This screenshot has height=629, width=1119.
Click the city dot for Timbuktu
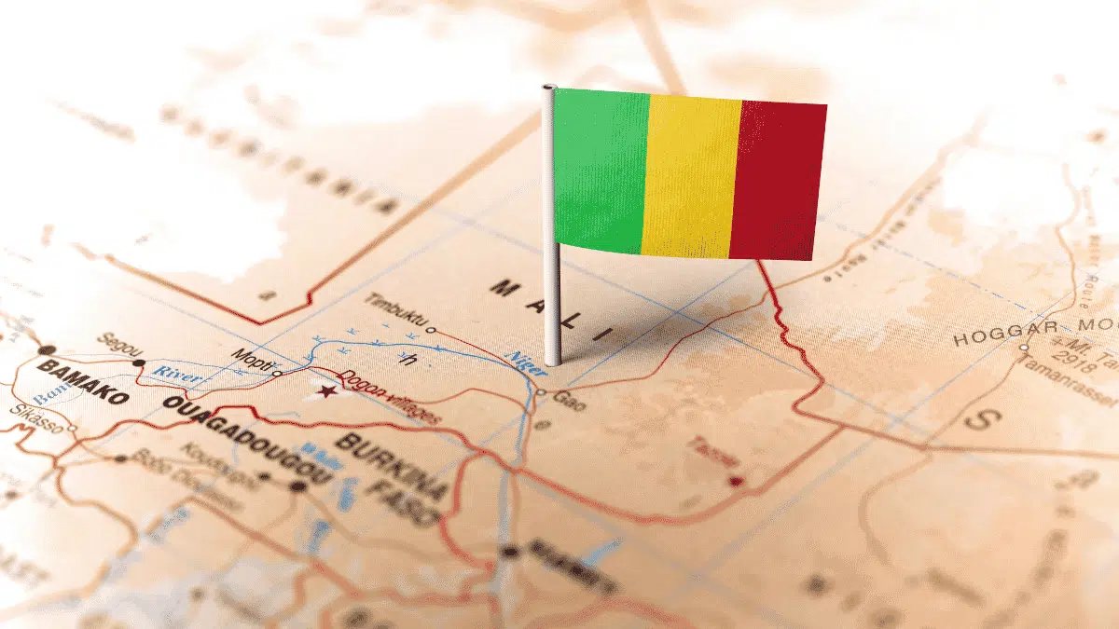click(430, 329)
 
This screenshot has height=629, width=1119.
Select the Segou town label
click(117, 342)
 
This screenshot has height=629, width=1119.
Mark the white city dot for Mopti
click(276, 373)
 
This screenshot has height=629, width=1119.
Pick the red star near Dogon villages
click(326, 391)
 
